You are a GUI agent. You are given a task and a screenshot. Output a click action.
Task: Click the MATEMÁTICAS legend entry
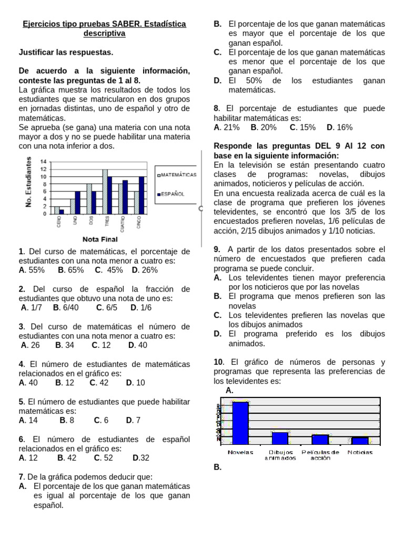tap(177, 174)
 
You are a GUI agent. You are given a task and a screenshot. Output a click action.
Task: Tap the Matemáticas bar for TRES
tap(105, 192)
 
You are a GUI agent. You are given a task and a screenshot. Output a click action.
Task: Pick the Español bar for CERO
tap(62, 212)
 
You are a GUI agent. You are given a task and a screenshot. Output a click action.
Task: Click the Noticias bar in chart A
tap(360, 441)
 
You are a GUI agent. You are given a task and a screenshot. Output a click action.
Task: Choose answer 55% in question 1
tap(32, 270)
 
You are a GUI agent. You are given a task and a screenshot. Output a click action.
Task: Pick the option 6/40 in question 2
tap(67, 308)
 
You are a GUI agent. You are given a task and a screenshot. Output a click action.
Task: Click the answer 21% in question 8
tap(227, 127)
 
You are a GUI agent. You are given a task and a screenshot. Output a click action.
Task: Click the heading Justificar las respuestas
tap(66, 52)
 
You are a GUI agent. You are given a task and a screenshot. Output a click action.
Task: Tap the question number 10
tap(219, 362)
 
